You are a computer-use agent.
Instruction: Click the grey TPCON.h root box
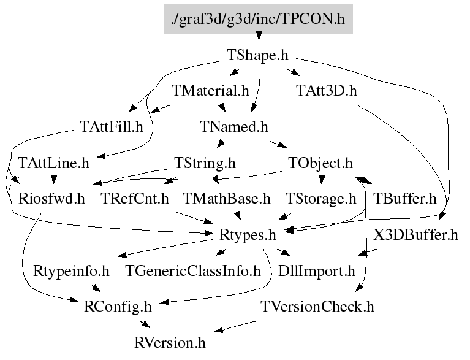pyautogui.click(x=258, y=20)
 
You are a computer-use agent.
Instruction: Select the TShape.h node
pyautogui.click(x=258, y=56)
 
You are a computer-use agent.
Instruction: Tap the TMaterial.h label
pyautogui.click(x=211, y=91)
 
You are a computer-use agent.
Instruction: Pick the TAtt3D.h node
pyautogui.click(x=326, y=91)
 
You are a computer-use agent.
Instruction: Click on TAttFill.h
pyautogui.click(x=111, y=128)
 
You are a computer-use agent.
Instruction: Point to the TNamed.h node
pyautogui.click(x=234, y=128)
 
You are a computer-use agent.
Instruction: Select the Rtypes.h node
pyautogui.click(x=248, y=234)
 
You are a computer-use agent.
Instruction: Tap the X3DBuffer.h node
pyautogui.click(x=415, y=234)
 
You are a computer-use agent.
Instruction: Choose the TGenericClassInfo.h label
pyautogui.click(x=193, y=270)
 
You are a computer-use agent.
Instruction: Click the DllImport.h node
pyautogui.click(x=317, y=270)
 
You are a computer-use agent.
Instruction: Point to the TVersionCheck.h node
pyautogui.click(x=317, y=306)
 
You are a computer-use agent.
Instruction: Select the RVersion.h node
pyautogui.click(x=170, y=342)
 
